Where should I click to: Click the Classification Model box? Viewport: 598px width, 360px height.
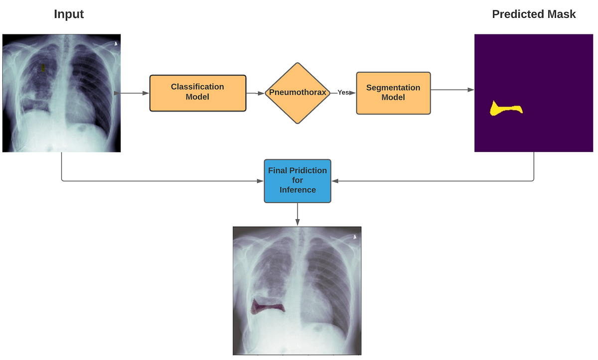point(198,93)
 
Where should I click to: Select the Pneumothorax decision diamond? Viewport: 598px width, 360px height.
point(298,93)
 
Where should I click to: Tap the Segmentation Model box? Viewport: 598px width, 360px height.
point(393,93)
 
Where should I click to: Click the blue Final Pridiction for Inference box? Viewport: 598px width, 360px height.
point(297,181)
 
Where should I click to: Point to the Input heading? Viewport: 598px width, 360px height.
point(69,14)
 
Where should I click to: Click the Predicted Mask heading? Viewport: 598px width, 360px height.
point(534,14)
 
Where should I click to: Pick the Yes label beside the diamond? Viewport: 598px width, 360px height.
point(343,93)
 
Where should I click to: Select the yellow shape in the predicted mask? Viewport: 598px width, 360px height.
point(504,109)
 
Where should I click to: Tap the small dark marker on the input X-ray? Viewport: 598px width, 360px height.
point(43,67)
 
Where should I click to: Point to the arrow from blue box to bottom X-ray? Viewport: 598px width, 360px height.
point(298,215)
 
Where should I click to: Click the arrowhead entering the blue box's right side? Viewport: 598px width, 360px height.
point(335,181)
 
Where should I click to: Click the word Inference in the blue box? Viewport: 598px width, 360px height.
point(298,190)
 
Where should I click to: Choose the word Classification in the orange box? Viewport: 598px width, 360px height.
point(197,87)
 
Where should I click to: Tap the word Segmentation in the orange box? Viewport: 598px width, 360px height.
point(393,88)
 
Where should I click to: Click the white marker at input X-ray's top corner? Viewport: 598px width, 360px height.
point(116,44)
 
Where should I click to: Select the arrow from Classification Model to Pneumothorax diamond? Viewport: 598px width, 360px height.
point(255,93)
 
